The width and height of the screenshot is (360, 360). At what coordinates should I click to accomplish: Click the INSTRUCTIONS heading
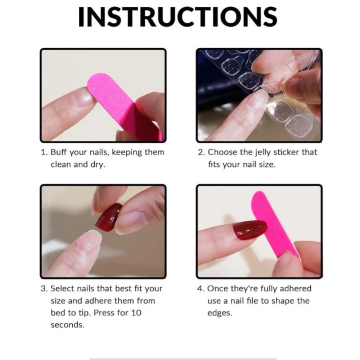coord(178,17)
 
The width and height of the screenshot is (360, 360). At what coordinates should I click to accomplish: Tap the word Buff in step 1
coord(59,152)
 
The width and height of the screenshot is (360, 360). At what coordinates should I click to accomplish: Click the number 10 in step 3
coord(136,313)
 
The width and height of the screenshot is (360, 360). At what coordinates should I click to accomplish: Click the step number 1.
coord(44,152)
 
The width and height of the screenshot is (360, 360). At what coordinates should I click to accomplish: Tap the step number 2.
coord(201,152)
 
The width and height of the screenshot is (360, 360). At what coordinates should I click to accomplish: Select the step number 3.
coord(44,289)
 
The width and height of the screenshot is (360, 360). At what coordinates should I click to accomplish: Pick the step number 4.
coord(201,289)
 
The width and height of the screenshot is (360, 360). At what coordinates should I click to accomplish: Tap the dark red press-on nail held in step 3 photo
coord(108,217)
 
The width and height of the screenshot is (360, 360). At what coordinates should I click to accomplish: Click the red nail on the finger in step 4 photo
coord(250,230)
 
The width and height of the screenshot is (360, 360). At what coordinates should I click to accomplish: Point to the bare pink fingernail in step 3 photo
coord(89,241)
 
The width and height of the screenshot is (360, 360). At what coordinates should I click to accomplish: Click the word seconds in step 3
coord(68,325)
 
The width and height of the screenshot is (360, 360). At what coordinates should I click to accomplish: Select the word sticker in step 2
coord(286,152)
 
